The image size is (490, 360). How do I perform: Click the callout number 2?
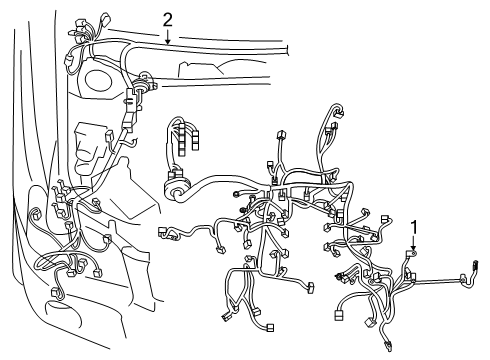tap(168, 20)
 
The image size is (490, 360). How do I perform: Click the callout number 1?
tap(414, 228)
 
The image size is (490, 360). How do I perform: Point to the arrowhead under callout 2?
tap(168, 41)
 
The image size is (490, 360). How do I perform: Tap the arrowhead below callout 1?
tap(414, 248)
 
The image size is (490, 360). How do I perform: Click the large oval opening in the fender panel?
tap(98, 80)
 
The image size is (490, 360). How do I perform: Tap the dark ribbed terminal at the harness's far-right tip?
tap(475, 265)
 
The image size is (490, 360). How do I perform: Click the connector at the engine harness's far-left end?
tap(162, 231)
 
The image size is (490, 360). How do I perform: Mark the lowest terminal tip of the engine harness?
tap(388, 347)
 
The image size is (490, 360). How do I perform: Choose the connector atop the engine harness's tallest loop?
tap(339, 112)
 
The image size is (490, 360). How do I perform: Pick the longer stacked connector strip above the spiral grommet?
tap(182, 139)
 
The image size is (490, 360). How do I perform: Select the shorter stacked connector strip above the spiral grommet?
tap(195, 140)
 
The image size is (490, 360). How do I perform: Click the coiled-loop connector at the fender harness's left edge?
tap(34, 213)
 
